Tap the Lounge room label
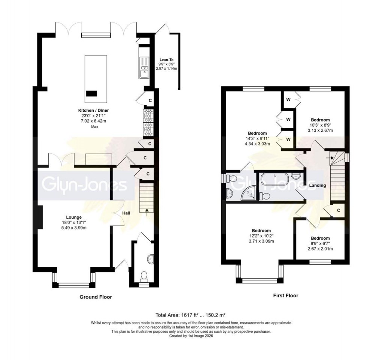pyautogui.click(x=74, y=217)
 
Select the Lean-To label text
pyautogui.click(x=166, y=60)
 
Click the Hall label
pyautogui.click(x=126, y=213)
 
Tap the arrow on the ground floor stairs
pyautogui.click(x=146, y=211)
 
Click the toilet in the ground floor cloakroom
pyautogui.click(x=143, y=277)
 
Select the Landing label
pyautogui.click(x=317, y=185)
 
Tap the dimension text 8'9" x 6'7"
pyautogui.click(x=320, y=244)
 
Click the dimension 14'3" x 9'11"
pyautogui.click(x=257, y=138)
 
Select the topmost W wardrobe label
pyautogui.click(x=288, y=100)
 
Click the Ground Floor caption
pyautogui.click(x=95, y=297)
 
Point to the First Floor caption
pyautogui.click(x=285, y=295)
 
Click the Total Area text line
pyautogui.click(x=190, y=315)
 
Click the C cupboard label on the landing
pyautogui.click(x=338, y=210)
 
